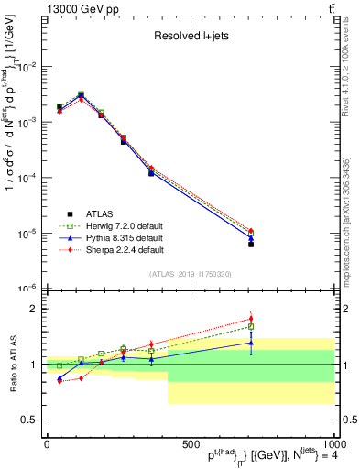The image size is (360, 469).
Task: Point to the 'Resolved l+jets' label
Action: coord(191,38)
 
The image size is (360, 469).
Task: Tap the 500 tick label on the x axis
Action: coord(191,443)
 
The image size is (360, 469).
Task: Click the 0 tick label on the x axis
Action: coord(47,443)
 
